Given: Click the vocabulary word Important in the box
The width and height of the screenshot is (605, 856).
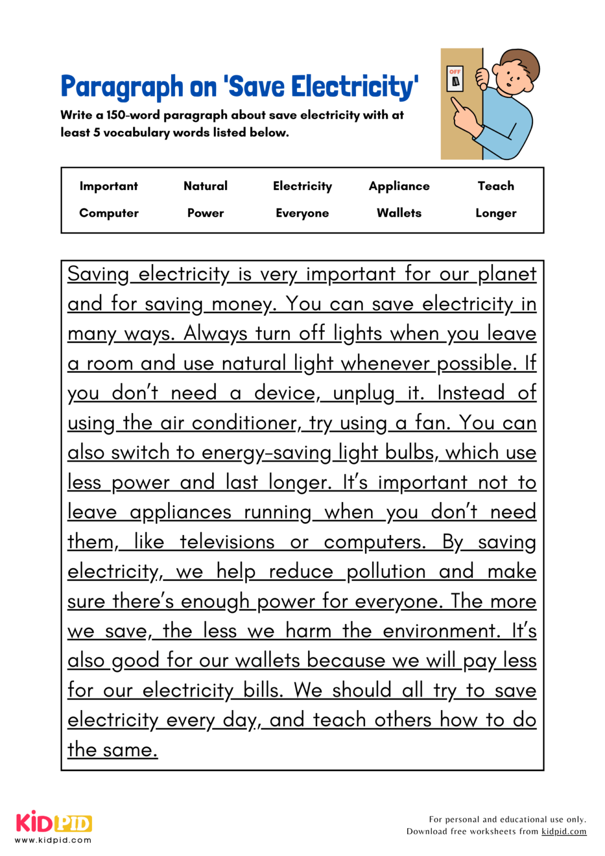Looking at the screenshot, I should [108, 186].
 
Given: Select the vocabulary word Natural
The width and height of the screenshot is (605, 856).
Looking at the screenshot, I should [206, 186].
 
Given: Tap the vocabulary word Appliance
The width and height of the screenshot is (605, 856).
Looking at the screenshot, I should [399, 186].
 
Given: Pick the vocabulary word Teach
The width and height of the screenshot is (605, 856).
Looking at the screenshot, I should [496, 186].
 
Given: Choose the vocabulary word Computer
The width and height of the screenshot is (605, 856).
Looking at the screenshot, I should [109, 213].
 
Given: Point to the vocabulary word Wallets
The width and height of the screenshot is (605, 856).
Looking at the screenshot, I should [399, 213].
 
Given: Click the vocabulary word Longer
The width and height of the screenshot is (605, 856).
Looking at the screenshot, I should [496, 213].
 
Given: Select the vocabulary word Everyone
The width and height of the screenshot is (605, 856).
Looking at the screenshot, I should [302, 213].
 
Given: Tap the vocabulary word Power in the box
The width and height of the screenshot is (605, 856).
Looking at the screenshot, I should [206, 213].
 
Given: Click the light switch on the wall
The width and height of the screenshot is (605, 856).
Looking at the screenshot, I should [455, 79].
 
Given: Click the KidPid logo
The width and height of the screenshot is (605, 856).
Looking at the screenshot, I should [53, 823].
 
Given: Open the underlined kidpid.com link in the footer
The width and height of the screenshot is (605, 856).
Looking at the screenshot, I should [564, 831].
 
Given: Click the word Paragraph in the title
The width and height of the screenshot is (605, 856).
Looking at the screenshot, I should [121, 87].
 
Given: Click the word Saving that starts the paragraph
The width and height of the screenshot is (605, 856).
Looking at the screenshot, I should [98, 274].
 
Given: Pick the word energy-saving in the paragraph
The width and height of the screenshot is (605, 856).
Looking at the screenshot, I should [266, 453].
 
